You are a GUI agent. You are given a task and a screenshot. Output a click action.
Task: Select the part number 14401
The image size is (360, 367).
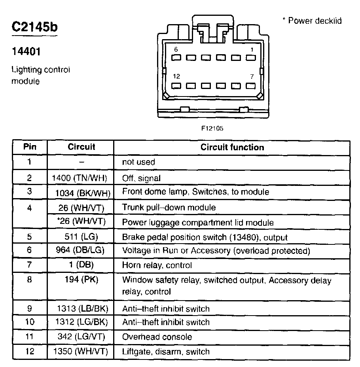coord(26,51)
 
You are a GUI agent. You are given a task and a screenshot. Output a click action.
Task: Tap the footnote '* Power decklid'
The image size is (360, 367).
coord(312,21)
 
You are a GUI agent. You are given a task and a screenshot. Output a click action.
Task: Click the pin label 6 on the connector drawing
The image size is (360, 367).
coord(176,49)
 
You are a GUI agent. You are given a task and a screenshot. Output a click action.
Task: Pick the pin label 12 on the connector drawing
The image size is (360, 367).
coord(177,76)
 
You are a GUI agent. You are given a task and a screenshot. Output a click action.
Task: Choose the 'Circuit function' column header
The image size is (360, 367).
coord(232,147)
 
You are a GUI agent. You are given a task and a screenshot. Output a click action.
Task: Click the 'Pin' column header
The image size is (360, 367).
coord(30,147)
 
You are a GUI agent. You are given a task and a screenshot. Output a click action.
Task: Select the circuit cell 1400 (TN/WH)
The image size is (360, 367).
coord(80,178)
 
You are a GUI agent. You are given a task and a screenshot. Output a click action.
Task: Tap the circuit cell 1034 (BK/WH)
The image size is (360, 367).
coord(83,192)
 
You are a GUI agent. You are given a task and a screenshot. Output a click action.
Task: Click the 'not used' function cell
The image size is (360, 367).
coord(138,162)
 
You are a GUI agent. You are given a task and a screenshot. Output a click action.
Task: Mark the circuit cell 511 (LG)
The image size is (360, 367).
coord(81,237)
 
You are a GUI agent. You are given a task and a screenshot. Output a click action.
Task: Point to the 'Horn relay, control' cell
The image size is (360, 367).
coord(157,265)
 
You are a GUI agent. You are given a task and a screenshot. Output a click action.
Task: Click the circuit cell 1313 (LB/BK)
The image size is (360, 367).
coord(83,308)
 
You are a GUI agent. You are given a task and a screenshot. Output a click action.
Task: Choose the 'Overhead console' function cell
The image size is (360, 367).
coord(157,337)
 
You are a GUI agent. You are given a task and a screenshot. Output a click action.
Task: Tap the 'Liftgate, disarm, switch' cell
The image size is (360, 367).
coord(166,351)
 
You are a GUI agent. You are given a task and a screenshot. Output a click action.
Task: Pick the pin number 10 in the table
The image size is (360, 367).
coord(30,322)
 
